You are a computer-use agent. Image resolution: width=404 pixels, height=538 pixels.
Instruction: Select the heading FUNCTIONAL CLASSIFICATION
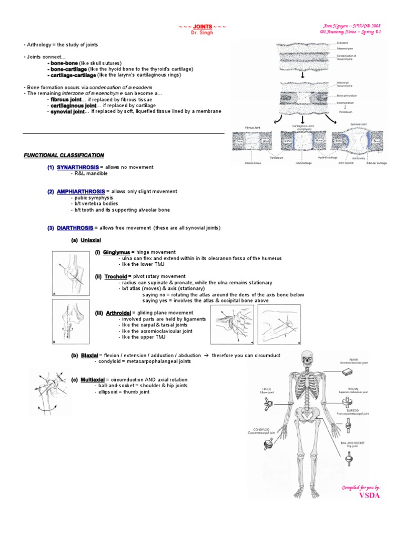point(64,155)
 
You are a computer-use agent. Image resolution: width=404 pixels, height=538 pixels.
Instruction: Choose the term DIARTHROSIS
point(75,227)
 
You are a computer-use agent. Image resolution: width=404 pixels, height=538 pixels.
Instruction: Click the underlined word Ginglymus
point(116,252)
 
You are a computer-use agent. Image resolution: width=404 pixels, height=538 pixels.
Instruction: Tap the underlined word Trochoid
point(116,276)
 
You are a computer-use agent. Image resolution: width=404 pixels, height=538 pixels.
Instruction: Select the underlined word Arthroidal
point(118,313)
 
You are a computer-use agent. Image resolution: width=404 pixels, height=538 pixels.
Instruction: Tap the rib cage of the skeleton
point(305,391)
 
